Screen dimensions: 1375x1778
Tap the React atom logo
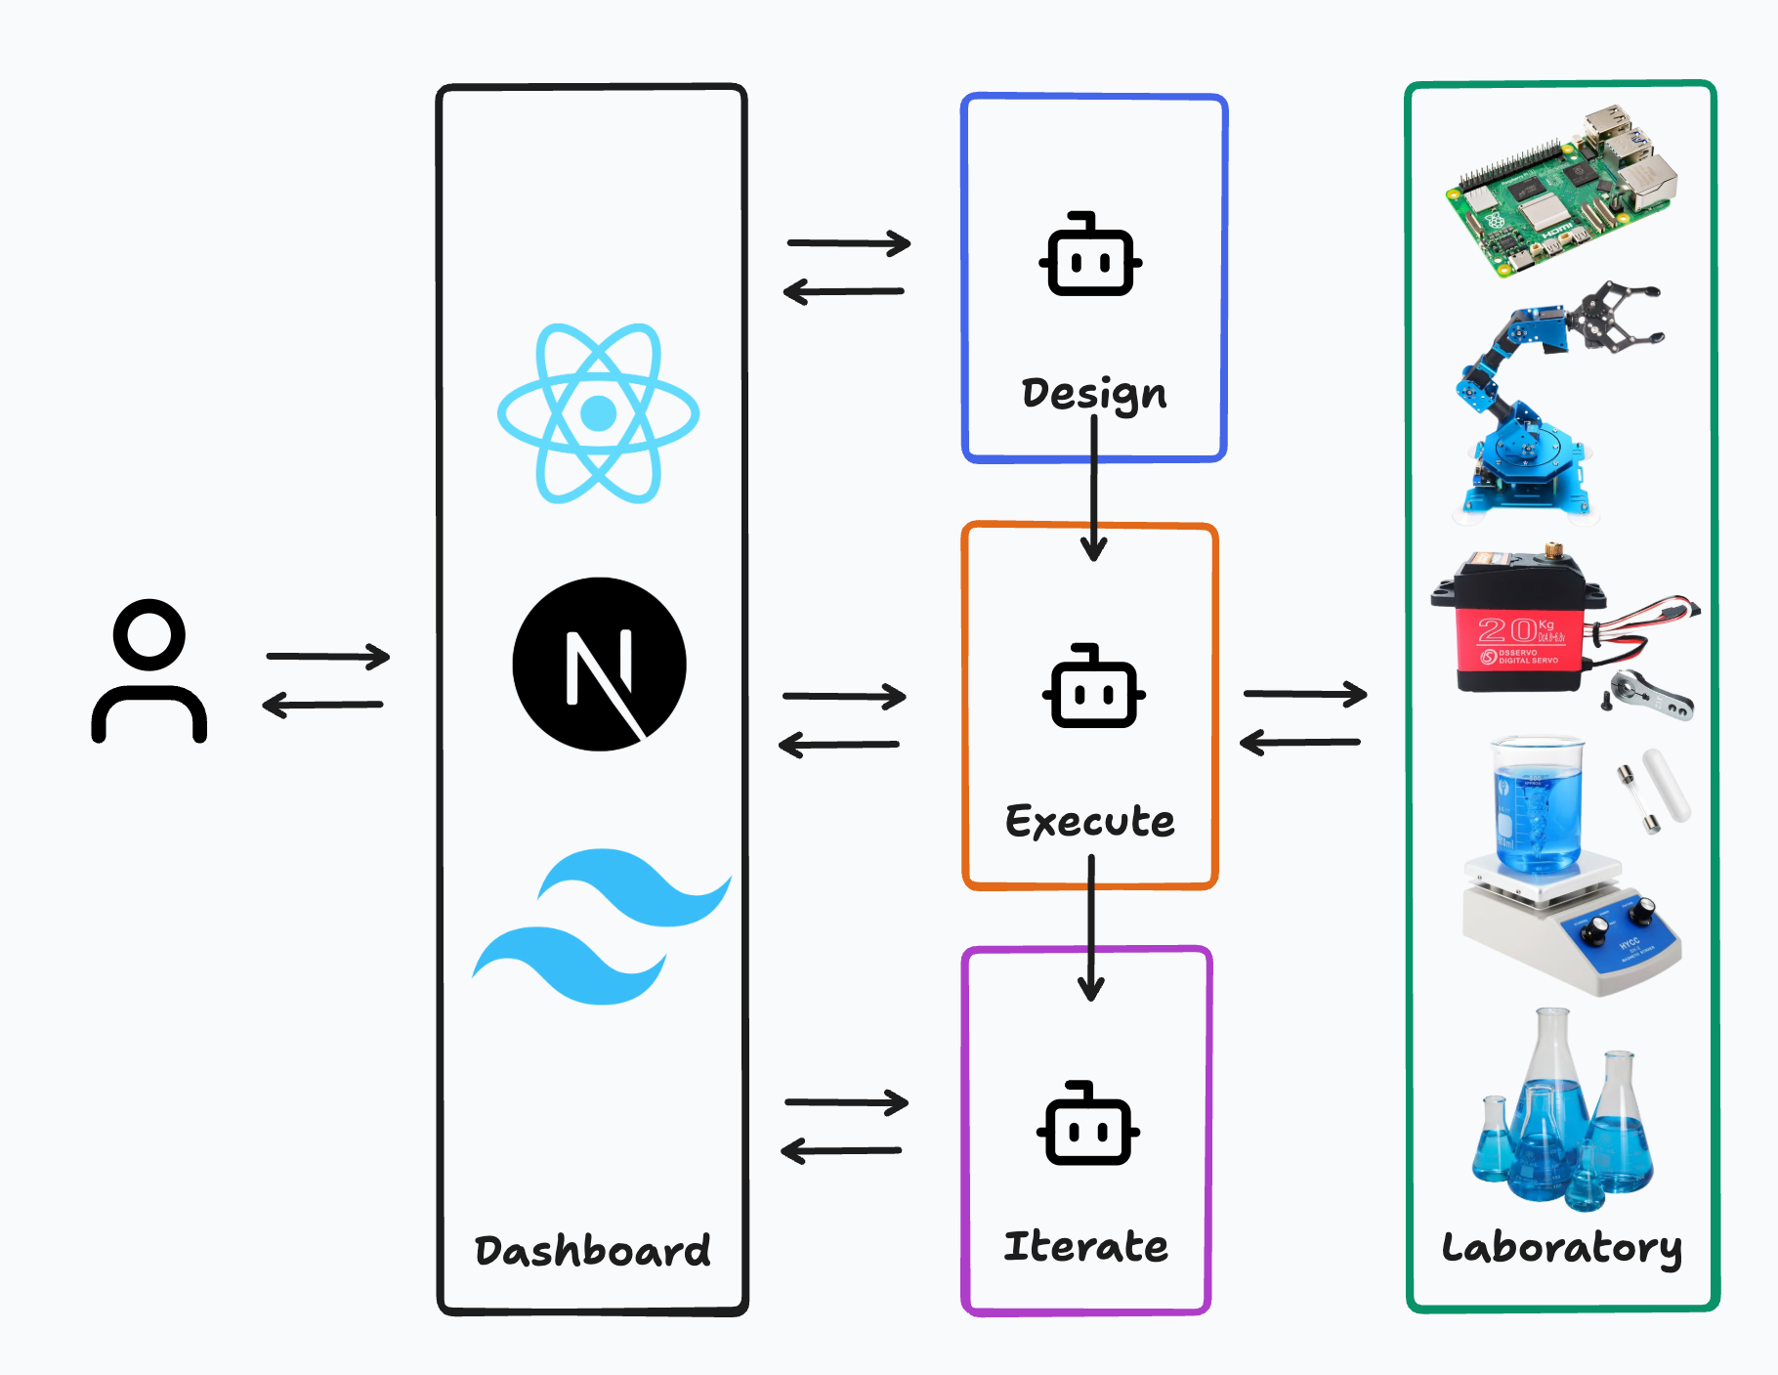598,413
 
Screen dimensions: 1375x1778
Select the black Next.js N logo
599,665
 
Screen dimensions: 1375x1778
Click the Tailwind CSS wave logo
601,926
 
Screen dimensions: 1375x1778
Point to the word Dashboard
592,1251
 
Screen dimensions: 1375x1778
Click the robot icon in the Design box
1090,255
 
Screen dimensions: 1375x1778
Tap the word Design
1093,394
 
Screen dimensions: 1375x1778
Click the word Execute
1090,821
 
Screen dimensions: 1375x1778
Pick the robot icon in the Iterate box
1087,1125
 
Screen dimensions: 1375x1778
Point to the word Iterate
1085,1247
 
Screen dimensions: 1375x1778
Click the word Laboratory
1561,1248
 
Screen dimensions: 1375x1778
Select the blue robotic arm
1544,401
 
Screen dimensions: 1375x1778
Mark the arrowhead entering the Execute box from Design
1094,550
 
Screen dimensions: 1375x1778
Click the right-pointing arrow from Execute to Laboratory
1304,694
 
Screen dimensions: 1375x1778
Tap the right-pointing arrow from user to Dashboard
327,656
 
